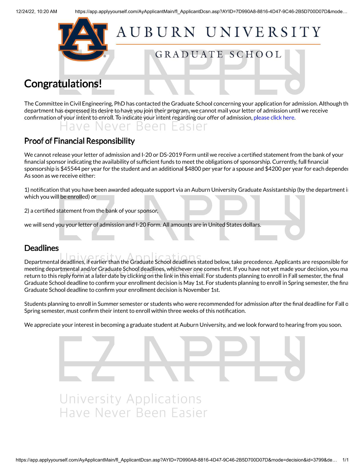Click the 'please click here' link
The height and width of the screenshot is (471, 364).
(x=274, y=118)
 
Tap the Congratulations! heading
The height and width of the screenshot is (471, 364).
(x=63, y=84)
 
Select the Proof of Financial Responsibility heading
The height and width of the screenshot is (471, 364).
(x=79, y=141)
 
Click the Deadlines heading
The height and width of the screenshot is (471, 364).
(x=41, y=248)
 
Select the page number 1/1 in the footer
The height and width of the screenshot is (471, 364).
(x=345, y=460)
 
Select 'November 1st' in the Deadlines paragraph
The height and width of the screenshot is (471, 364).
(x=201, y=290)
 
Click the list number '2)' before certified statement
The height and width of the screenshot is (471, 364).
(x=27, y=211)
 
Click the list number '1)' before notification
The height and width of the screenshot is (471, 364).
(x=27, y=190)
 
